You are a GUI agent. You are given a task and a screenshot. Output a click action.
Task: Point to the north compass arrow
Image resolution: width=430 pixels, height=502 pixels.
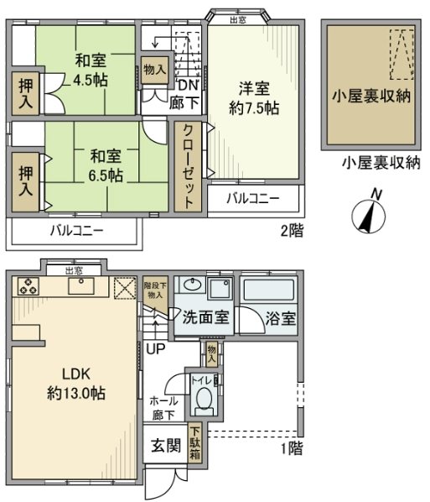(x=367, y=213)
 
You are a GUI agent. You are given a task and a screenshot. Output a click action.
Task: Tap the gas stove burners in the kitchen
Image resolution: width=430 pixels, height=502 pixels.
(x=25, y=287)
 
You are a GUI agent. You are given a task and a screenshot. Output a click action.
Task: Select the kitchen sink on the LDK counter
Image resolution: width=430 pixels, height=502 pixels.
(x=84, y=288)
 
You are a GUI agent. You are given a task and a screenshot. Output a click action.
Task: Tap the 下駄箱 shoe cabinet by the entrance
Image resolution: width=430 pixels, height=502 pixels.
(x=194, y=446)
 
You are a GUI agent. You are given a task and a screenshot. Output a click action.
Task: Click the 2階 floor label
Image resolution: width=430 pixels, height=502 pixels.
(x=291, y=231)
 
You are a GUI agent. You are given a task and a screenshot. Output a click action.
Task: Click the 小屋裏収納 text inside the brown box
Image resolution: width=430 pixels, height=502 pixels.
(x=369, y=94)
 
